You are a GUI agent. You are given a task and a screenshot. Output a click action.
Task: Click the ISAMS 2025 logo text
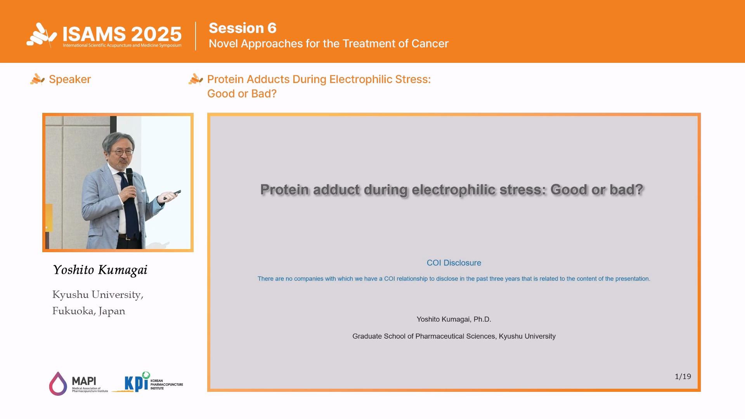tap(122, 34)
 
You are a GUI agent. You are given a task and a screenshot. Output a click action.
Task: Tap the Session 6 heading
tap(243, 28)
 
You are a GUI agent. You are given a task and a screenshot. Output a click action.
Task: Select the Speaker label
tap(70, 79)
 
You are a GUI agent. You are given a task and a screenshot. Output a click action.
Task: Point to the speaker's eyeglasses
tap(122, 152)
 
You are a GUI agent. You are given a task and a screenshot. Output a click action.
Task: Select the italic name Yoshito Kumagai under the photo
tap(100, 270)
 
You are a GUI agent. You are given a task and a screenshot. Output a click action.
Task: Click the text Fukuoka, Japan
tap(89, 311)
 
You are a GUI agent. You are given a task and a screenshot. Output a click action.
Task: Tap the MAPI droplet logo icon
tap(58, 384)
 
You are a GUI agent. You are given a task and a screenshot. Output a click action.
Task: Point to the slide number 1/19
tap(683, 376)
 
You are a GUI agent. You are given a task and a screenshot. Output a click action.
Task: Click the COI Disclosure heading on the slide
tap(454, 263)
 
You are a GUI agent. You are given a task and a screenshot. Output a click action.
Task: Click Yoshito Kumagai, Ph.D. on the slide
tap(454, 319)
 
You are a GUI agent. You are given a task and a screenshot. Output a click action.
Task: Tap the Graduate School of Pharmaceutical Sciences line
tap(454, 336)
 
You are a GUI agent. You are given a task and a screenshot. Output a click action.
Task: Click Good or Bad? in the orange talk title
tap(242, 93)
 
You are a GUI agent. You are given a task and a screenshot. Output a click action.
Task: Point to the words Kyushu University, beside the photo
tap(98, 295)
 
